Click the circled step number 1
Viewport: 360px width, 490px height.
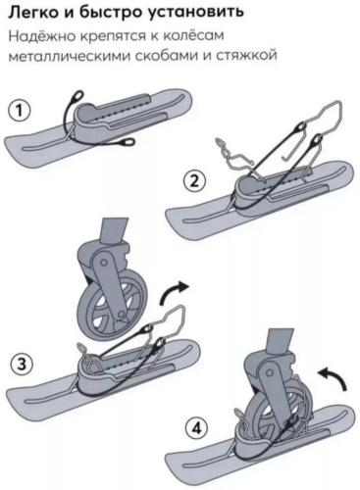19,111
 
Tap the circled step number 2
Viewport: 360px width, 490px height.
194,180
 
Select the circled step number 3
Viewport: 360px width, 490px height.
22,364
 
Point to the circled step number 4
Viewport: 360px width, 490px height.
196,428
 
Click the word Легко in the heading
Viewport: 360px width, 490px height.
32,12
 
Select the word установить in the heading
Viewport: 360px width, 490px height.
196,13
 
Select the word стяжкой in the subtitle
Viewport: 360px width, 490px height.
246,56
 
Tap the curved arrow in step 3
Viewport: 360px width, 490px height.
173,291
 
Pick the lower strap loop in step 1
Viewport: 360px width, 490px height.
128,142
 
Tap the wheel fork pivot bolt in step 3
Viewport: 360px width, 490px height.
104,263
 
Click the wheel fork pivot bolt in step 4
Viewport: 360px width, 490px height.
270,373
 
